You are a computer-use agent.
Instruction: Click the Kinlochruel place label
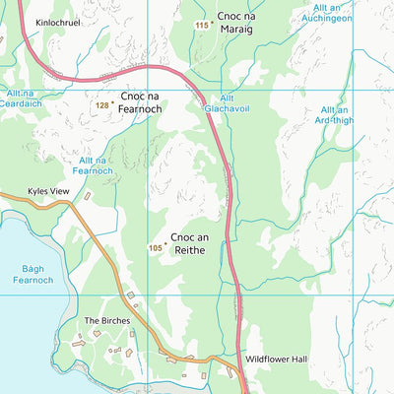[57, 20]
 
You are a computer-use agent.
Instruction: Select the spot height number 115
[201, 25]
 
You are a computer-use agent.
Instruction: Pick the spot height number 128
[101, 103]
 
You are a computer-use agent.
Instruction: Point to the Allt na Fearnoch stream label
[92, 164]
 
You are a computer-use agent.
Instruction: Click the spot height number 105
[155, 247]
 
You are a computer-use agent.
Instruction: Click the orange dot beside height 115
[211, 21]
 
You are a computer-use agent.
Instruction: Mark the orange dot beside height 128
[113, 99]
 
